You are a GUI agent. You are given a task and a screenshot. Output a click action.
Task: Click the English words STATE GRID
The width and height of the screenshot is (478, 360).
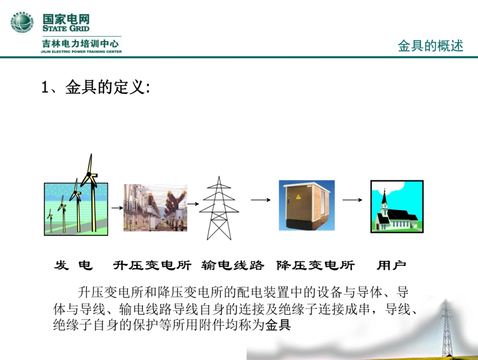click(x=65, y=29)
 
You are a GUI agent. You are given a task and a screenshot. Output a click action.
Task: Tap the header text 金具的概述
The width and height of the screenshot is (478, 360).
click(x=430, y=46)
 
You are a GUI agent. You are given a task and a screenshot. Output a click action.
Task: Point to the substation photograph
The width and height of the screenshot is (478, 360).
click(x=155, y=207)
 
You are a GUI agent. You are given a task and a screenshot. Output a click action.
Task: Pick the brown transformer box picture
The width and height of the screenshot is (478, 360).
click(x=306, y=205)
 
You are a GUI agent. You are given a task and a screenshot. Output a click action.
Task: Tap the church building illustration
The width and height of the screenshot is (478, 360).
click(x=396, y=207)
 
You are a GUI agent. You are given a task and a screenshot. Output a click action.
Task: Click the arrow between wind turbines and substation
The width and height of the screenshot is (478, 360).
click(x=117, y=207)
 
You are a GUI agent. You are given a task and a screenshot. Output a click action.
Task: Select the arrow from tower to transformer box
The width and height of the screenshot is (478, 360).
click(x=258, y=200)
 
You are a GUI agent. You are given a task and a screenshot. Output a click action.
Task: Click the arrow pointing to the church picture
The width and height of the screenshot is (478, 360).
click(x=352, y=200)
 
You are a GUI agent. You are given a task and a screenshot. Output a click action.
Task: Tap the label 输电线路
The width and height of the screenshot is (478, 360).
click(x=232, y=265)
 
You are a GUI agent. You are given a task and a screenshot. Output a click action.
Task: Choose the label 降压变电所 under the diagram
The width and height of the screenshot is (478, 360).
click(x=315, y=265)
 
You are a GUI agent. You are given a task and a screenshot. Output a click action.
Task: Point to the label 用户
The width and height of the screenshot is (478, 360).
click(x=391, y=265)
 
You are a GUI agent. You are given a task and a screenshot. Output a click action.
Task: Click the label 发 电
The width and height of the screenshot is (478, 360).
click(x=73, y=265)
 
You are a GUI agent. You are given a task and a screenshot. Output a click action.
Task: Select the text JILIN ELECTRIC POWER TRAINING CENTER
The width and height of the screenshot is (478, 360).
click(x=82, y=51)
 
